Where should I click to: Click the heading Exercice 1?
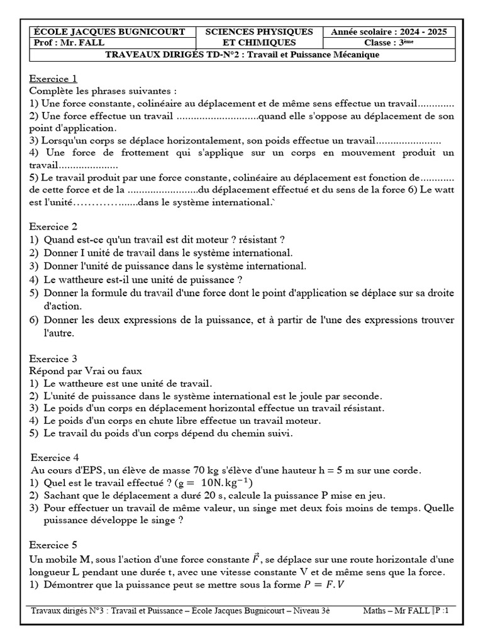click(x=53, y=79)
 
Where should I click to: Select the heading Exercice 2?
click(x=53, y=226)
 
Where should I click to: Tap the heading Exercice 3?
click(x=53, y=359)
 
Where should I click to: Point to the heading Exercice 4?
click(x=55, y=457)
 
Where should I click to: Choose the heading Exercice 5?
click(x=53, y=545)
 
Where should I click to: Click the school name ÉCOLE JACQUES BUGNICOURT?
click(x=109, y=31)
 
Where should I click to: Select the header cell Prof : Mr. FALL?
click(x=69, y=43)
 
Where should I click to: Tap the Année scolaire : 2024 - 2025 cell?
click(x=388, y=31)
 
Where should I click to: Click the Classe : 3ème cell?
click(x=388, y=43)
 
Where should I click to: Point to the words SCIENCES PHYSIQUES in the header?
click(x=259, y=31)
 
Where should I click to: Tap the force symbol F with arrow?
click(x=256, y=558)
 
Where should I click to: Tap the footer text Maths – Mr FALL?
click(x=396, y=611)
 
